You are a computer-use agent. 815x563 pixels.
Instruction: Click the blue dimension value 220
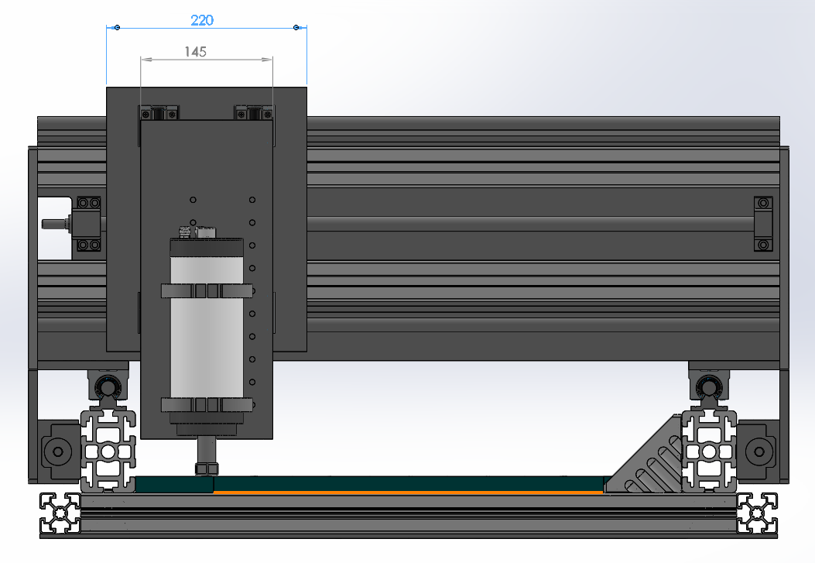202,20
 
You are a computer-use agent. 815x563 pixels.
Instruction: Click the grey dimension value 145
196,51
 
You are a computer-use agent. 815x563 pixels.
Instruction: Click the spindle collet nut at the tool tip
207,469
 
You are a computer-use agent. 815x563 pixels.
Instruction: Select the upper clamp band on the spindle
207,290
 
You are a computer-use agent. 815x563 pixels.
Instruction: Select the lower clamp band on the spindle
207,404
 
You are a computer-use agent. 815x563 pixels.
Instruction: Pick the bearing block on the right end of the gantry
763,224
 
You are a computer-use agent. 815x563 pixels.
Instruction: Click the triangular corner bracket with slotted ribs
645,458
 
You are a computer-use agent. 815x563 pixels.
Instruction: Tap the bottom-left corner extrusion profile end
60,513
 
